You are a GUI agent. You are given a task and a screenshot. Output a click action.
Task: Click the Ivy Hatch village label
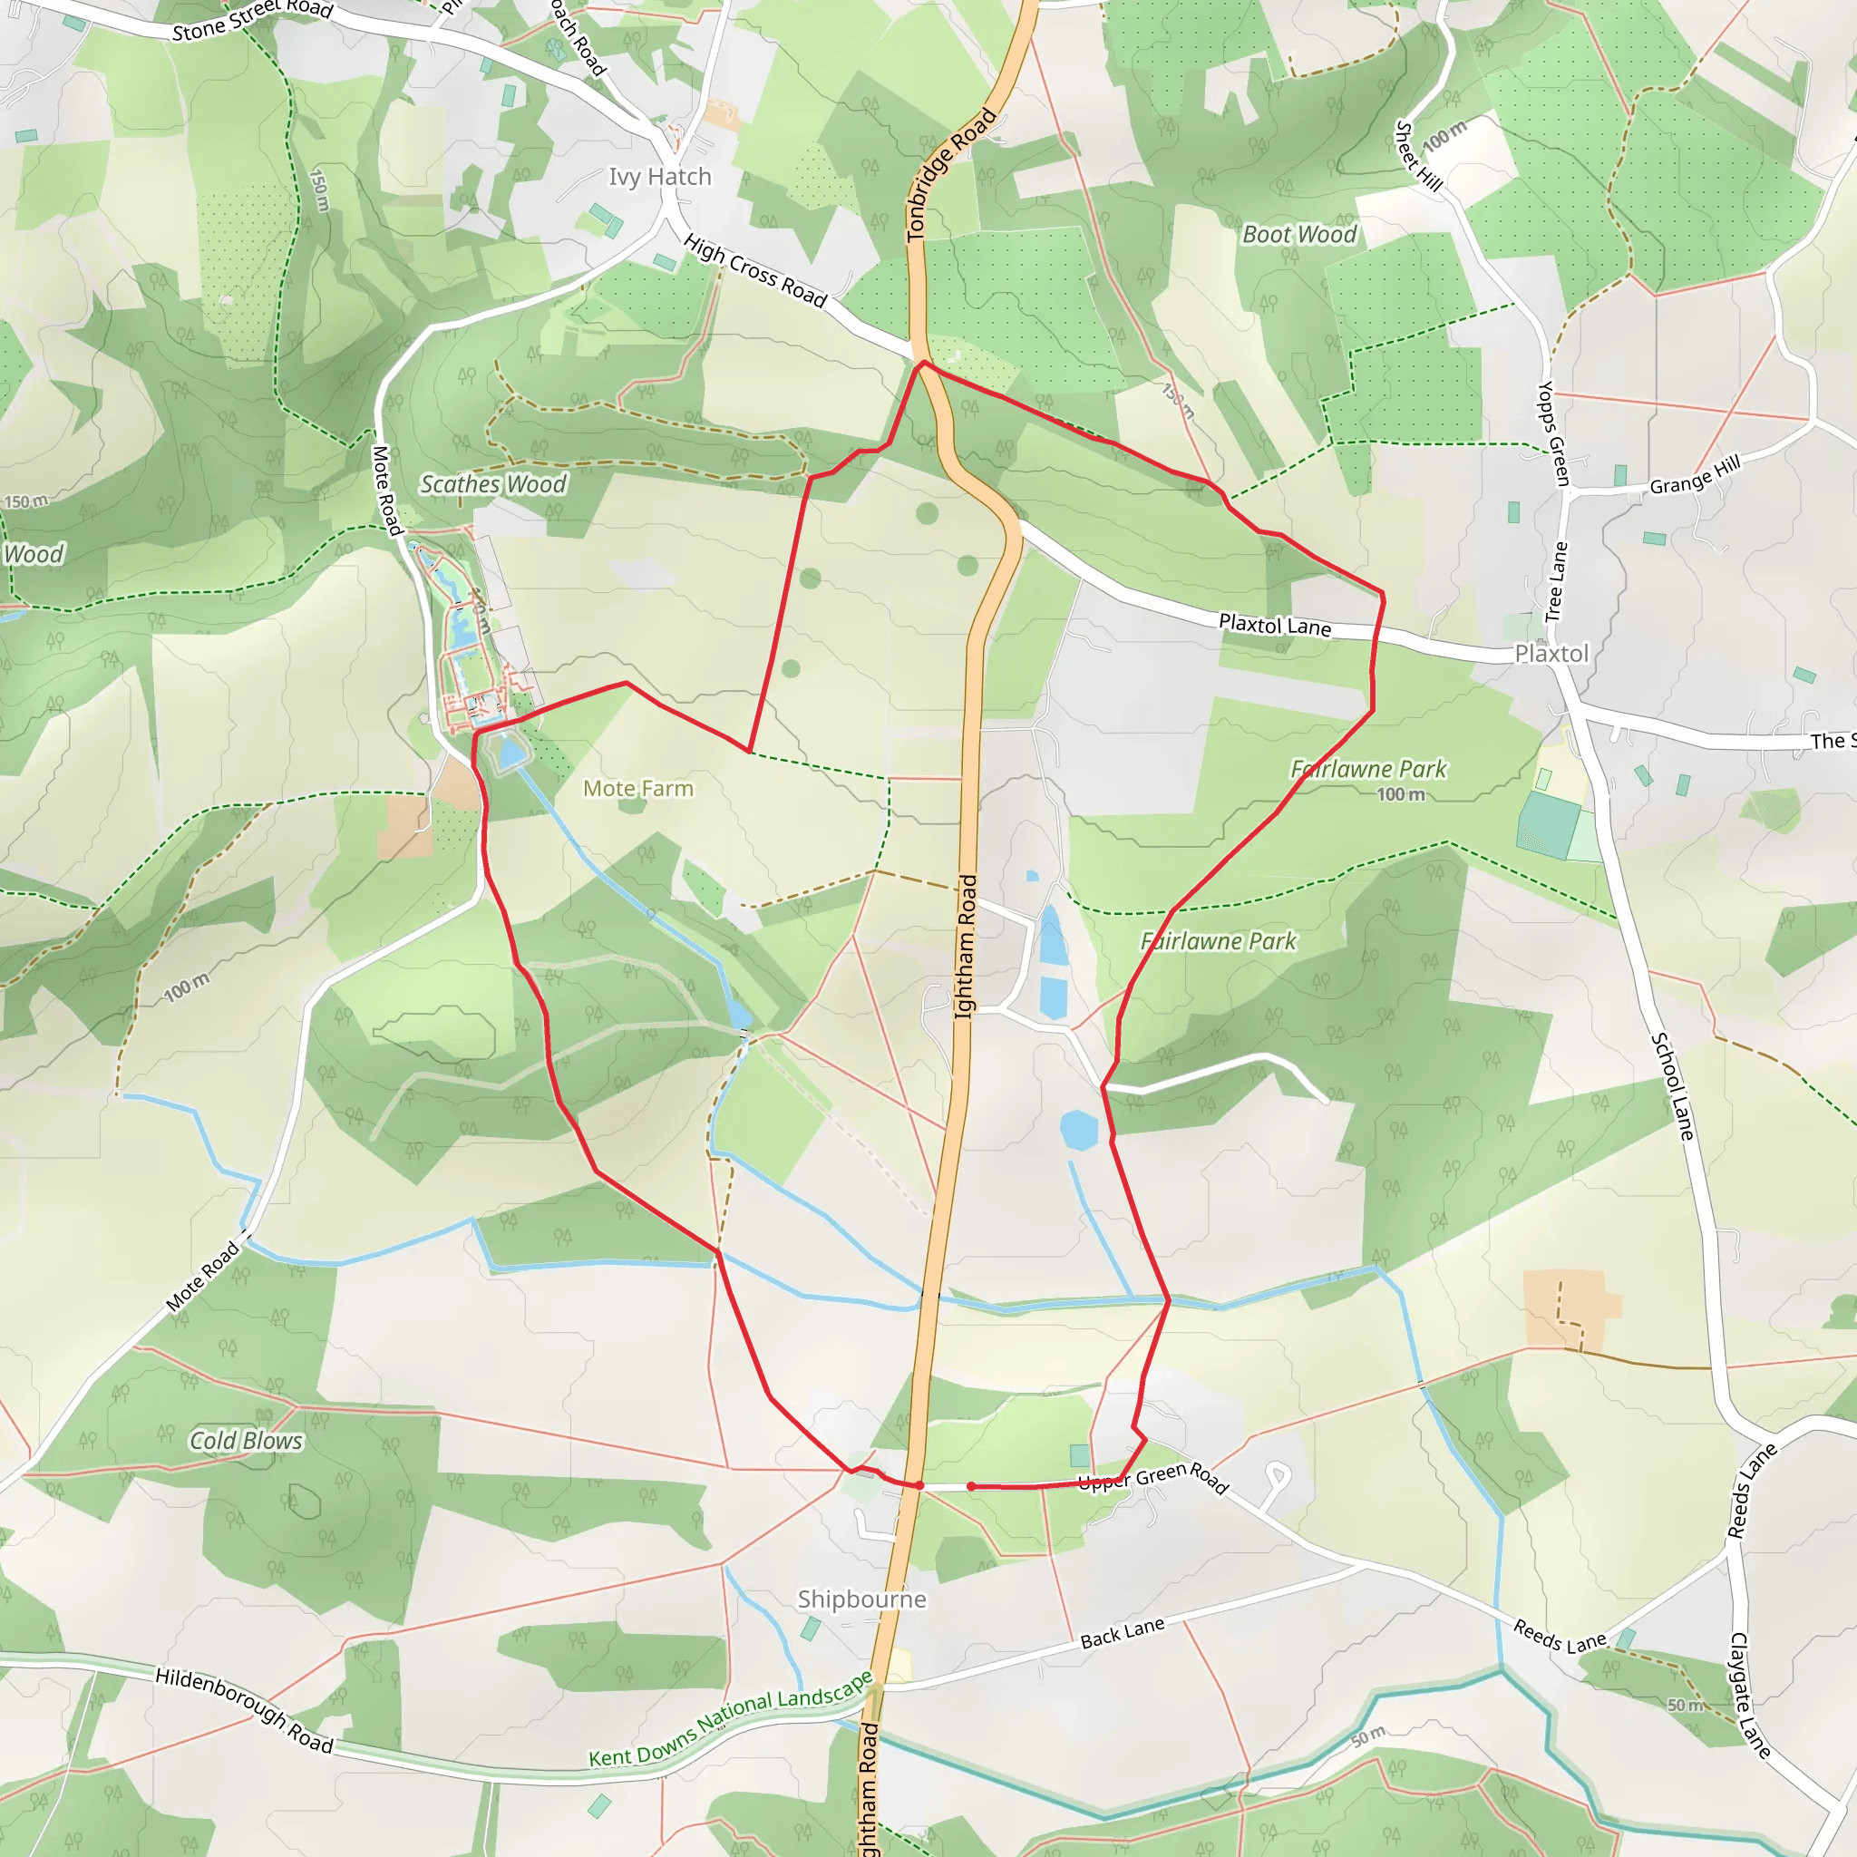tap(659, 177)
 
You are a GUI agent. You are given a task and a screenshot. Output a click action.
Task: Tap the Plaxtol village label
tap(1551, 654)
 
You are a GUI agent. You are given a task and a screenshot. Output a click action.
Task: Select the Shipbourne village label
tap(861, 1599)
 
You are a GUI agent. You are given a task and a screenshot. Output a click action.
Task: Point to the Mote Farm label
tap(637, 788)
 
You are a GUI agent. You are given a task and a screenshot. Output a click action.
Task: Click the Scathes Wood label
tap(493, 484)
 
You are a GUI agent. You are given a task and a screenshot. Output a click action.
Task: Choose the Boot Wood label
tap(1298, 235)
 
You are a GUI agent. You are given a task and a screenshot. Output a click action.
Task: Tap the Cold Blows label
tap(246, 1440)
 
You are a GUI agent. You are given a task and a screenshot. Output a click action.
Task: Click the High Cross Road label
tap(755, 271)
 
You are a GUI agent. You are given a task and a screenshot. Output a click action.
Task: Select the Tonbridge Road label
tap(950, 175)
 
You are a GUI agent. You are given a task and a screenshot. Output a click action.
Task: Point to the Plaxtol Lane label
tap(1275, 625)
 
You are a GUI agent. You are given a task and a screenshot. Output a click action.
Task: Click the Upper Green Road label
tap(1152, 1478)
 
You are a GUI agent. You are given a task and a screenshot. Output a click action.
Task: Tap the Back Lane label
tap(1122, 1632)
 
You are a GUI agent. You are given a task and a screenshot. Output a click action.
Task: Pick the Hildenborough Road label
tap(244, 1710)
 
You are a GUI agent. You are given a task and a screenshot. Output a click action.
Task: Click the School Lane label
tap(1671, 1086)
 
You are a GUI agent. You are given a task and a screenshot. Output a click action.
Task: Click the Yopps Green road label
tap(1553, 433)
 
